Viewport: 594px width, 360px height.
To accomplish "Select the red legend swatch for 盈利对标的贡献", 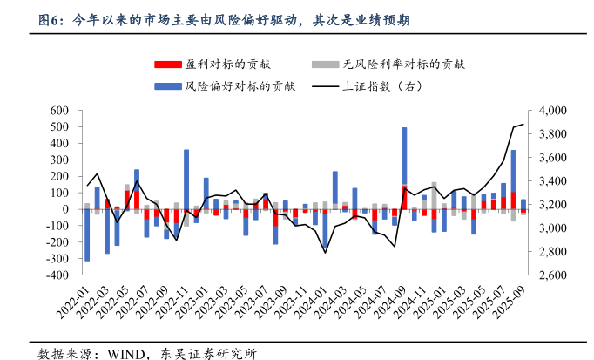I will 166,65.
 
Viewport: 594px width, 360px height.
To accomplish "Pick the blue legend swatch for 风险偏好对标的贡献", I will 166,86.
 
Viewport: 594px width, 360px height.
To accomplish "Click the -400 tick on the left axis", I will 57,275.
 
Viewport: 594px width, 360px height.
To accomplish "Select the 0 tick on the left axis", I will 65,209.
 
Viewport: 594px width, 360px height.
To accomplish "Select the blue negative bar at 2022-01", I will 87,235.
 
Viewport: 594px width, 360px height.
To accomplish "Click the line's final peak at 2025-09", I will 523,125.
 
